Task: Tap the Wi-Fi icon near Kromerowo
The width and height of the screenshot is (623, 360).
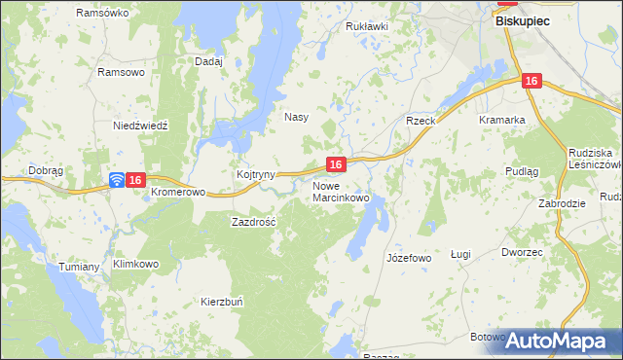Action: tap(116, 180)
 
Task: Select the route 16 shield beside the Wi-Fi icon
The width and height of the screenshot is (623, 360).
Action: tap(136, 180)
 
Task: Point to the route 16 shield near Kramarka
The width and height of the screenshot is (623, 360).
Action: tap(530, 83)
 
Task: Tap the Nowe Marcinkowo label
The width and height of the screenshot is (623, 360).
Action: tap(341, 192)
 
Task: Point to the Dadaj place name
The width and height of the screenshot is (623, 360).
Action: tap(209, 61)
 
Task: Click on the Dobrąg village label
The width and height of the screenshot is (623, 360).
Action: tap(46, 169)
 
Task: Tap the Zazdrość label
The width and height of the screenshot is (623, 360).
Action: tap(254, 222)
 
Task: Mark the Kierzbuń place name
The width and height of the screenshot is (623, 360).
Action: tap(223, 302)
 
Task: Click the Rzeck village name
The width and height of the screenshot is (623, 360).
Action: tap(421, 121)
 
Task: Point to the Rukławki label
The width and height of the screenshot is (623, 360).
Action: tap(367, 26)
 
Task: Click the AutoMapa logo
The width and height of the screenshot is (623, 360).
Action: tap(558, 341)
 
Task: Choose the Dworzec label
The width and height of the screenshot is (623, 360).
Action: tap(522, 252)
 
